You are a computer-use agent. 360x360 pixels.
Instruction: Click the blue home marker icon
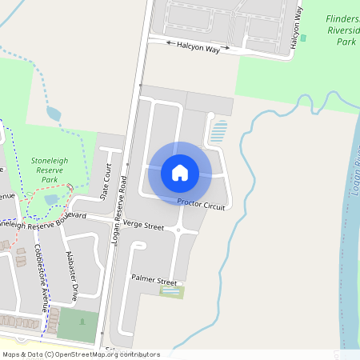coord(180,172)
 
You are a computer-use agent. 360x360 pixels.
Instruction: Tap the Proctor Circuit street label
coord(202,204)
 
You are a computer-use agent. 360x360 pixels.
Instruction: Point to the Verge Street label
coord(144,227)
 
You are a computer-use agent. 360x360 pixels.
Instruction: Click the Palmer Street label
coord(154,281)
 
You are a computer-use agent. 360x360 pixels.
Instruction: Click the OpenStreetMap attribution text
coord(81,354)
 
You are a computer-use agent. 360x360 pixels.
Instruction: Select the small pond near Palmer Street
coord(170,292)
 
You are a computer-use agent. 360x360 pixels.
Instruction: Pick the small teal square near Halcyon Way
coord(302,38)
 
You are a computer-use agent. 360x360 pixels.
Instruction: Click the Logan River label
coord(353,176)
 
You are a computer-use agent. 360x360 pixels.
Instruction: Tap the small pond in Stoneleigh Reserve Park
coord(51,198)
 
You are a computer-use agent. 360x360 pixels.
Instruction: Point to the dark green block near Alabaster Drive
coord(78,326)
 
